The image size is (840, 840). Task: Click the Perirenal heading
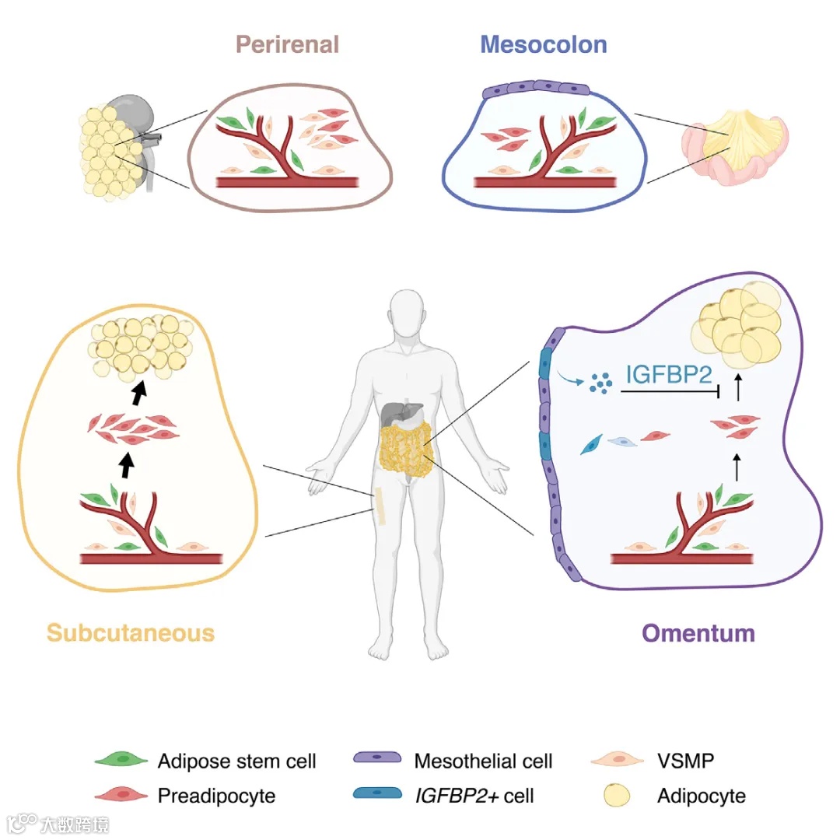click(288, 44)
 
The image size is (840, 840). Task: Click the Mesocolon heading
click(544, 44)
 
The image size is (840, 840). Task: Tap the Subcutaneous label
click(131, 632)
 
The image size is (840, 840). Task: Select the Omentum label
click(698, 633)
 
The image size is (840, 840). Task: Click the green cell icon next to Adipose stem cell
click(120, 760)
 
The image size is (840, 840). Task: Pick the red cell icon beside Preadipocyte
click(120, 795)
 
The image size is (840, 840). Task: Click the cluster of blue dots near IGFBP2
click(600, 381)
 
